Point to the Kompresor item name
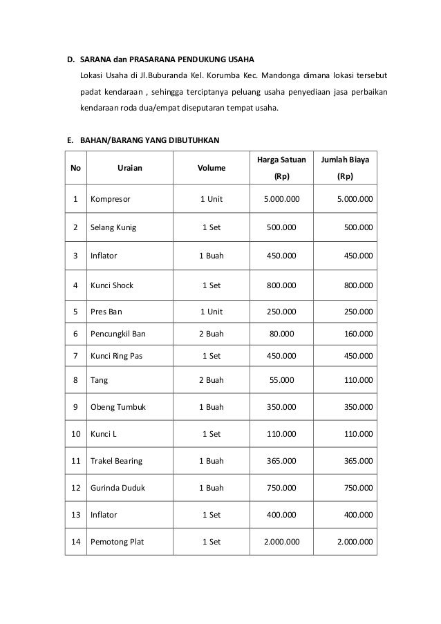[x=111, y=200]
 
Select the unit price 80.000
[x=281, y=334]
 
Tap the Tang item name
[x=98, y=379]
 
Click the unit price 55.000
[x=281, y=379]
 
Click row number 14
[x=75, y=542]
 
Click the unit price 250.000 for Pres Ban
[x=281, y=311]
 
